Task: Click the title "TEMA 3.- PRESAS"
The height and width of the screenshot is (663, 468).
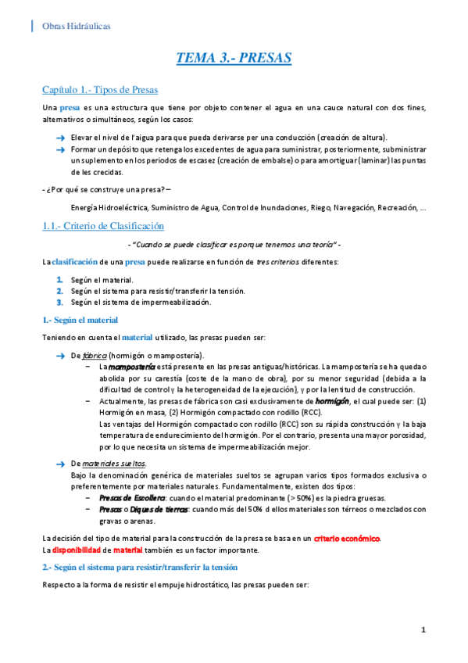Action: point(234,58)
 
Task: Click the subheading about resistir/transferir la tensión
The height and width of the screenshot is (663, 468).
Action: point(140,566)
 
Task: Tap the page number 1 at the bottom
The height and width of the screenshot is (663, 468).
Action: point(423,629)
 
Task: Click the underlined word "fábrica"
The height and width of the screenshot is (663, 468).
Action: point(95,355)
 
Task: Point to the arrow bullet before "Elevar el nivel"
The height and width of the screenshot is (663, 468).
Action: point(59,137)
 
